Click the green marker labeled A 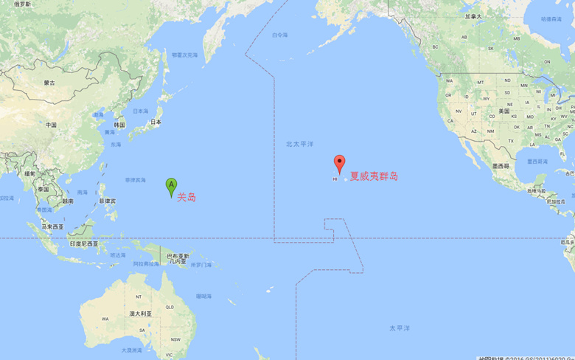[171, 185]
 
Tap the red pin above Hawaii [339, 162]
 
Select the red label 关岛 [187, 197]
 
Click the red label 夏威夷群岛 [374, 176]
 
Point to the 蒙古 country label [49, 83]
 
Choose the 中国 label [51, 125]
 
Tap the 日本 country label [156, 122]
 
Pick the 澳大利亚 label [140, 314]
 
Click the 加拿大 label [473, 16]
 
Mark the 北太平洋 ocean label [300, 144]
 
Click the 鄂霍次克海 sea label [184, 55]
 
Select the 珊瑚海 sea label [203, 296]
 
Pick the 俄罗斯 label [22, 4]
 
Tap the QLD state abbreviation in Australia [169, 307]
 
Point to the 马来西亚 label [52, 226]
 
